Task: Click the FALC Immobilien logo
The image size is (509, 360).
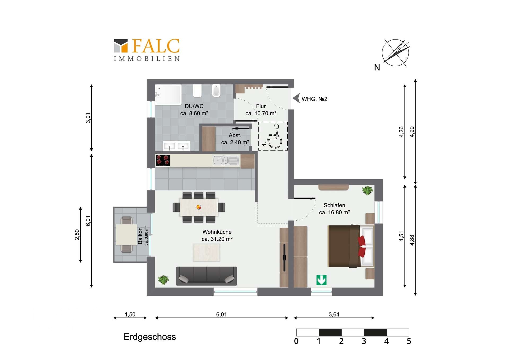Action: coord(147,50)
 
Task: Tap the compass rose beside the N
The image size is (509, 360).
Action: coord(395,53)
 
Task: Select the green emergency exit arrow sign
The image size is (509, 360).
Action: coord(321,280)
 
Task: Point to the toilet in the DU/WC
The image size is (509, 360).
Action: coord(216,91)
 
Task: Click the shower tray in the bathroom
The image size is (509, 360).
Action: coord(168,94)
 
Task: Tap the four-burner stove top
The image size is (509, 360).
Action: coord(163,161)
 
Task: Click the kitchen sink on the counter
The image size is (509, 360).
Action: coord(221,160)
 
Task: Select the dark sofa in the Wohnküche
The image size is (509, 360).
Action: coord(206,276)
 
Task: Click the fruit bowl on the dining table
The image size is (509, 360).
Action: coord(199,207)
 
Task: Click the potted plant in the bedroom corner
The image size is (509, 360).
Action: coord(367,190)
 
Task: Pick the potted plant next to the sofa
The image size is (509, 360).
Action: coord(163,280)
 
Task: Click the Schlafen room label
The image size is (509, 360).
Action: coord(334,205)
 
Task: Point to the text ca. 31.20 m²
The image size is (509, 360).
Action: coord(217,239)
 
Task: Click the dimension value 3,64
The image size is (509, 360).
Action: coord(334,314)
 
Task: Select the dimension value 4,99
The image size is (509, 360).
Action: coord(412,132)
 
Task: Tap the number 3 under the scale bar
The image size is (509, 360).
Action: coord(364,341)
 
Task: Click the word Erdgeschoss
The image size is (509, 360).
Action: coord(150,337)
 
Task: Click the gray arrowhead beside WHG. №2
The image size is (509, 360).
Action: coord(297,98)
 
